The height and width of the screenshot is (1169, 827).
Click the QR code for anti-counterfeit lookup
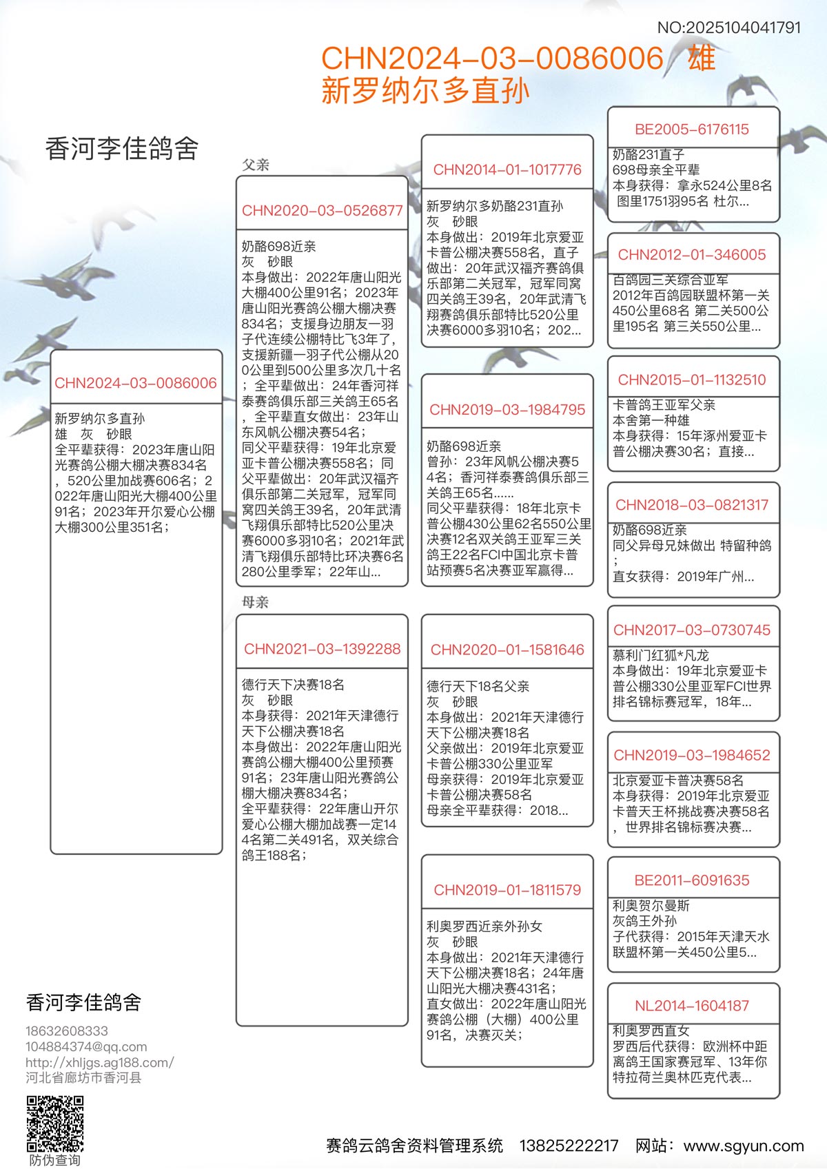coord(55,1124)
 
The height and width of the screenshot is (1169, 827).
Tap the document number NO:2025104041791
coord(728,28)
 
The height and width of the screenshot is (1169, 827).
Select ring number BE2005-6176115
coord(691,129)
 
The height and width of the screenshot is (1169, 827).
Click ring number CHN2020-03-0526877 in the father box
coord(322,210)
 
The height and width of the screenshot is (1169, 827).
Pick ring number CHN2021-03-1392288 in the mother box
coord(322,648)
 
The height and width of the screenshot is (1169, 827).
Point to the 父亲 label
coord(256,165)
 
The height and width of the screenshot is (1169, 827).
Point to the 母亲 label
coord(255,602)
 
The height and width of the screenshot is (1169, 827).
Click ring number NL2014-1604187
coord(691,1005)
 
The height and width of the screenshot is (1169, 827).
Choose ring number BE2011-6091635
coord(691,880)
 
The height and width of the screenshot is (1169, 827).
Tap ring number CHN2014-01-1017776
coord(507,169)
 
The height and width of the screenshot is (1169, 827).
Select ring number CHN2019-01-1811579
coord(507,889)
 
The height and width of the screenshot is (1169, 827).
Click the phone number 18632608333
coord(67,1031)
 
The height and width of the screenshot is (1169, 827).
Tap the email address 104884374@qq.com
coord(86,1046)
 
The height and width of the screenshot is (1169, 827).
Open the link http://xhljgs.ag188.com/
coord(100,1062)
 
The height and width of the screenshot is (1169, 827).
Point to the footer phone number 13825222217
coord(569,1146)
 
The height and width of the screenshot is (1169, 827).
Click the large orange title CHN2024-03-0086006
coord(492,59)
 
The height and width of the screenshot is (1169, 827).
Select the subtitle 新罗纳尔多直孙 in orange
coord(425,91)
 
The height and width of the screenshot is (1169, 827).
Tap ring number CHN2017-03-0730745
coord(691,630)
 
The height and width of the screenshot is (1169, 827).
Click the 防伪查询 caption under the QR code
coord(54,1160)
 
